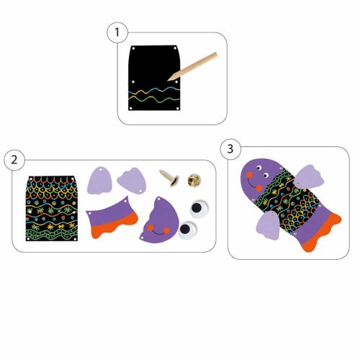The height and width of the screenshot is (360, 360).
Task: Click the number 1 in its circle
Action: coord(117,32)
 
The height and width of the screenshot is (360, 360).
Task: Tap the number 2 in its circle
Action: coord(14,160)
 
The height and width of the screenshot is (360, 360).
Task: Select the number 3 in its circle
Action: coord(230,149)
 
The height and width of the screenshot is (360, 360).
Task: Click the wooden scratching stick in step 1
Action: coord(192,66)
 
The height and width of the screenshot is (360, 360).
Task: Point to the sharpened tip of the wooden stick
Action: coord(168,80)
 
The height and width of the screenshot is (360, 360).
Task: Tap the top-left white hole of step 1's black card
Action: coord(133,48)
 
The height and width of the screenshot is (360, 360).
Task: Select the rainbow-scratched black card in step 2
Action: coord(52,208)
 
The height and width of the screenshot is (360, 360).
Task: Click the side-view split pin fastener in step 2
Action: coord(169,177)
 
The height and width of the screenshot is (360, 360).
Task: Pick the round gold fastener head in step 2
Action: coord(194,180)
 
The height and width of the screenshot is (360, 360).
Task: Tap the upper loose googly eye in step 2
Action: coord(199,208)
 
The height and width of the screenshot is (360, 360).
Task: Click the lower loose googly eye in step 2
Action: coord(187,230)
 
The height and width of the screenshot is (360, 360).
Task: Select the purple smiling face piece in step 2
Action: coord(159,220)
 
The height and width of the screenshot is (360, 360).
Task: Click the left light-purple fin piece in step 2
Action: coord(99,181)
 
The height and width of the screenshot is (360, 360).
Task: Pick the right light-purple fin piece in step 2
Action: coord(132,181)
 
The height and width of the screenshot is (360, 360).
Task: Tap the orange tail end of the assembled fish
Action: coord(322,233)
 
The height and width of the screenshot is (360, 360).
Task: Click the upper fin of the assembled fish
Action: coord(309,176)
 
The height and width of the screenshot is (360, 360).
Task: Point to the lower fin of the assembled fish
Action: coord(268,225)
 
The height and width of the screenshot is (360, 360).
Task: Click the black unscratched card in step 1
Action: coord(154,78)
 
